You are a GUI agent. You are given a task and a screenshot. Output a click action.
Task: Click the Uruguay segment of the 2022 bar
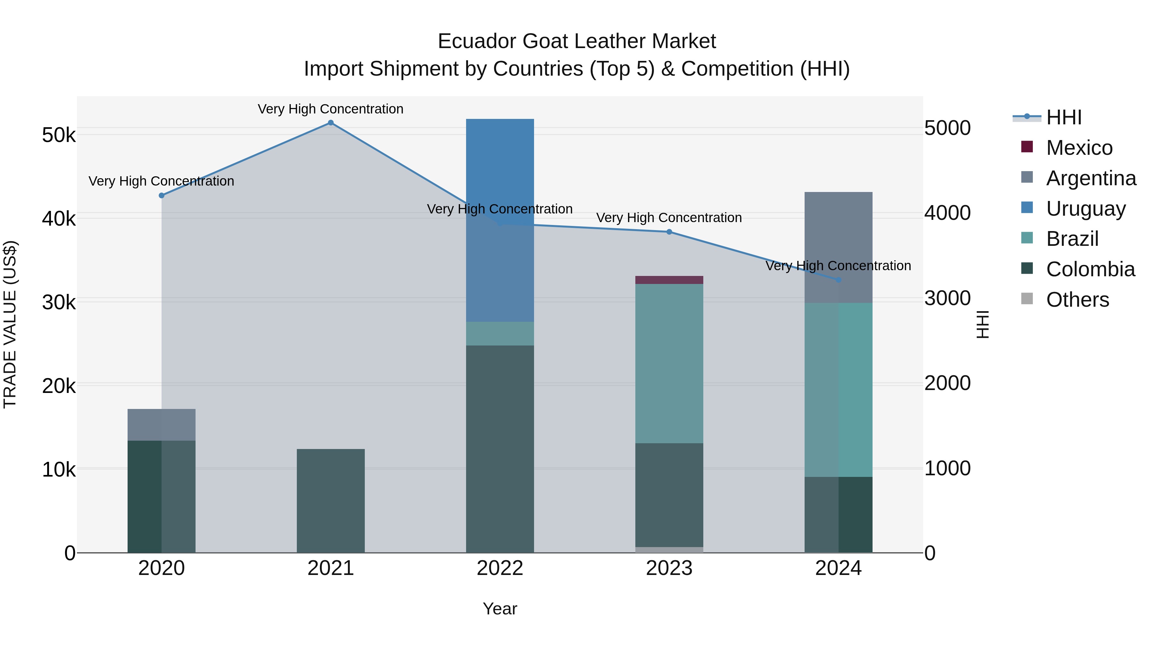(500, 220)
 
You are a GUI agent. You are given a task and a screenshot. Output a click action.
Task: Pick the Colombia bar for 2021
(330, 500)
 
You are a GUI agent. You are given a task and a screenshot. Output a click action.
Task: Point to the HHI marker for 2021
(330, 123)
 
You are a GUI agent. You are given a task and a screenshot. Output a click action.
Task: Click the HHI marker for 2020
(162, 195)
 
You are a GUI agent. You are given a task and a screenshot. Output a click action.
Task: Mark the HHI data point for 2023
(669, 232)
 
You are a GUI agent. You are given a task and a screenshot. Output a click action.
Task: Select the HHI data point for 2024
(839, 280)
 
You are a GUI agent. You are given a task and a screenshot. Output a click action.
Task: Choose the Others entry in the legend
(1077, 300)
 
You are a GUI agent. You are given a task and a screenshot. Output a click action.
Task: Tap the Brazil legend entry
(1072, 239)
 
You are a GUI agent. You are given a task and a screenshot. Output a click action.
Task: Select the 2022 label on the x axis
(500, 568)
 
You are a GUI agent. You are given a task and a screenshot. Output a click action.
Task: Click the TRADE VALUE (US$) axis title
(10, 324)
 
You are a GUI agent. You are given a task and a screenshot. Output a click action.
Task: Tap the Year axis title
(500, 609)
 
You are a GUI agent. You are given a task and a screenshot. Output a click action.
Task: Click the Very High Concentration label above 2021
(330, 109)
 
